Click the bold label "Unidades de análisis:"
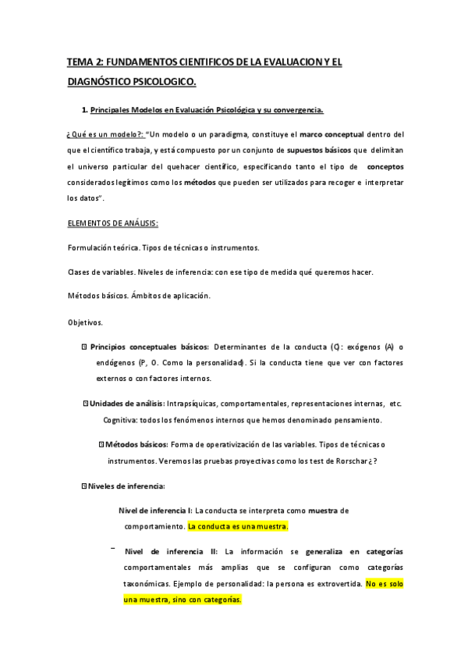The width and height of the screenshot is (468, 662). [x=126, y=404]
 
